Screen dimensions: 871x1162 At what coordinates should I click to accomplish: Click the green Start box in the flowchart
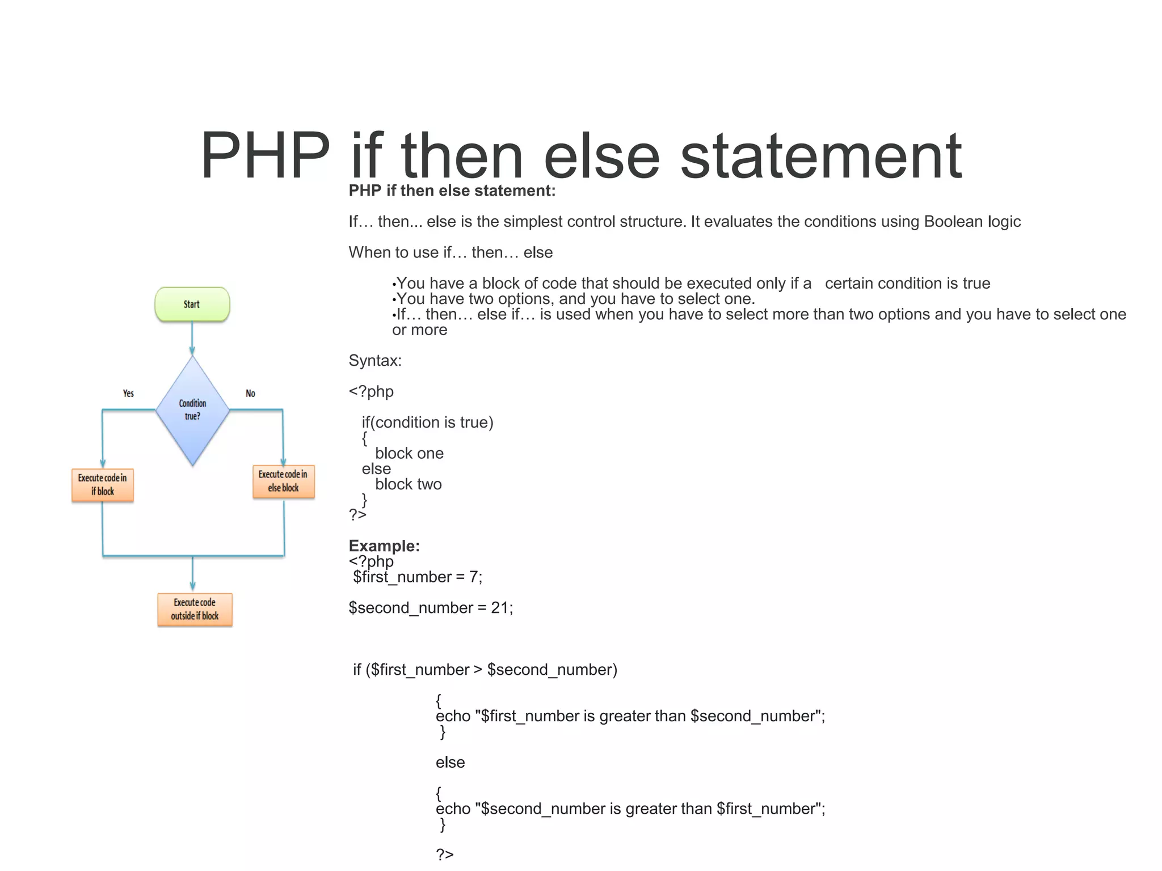pos(192,305)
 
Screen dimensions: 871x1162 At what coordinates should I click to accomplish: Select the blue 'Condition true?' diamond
pos(192,410)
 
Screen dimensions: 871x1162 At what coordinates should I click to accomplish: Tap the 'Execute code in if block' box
pos(103,485)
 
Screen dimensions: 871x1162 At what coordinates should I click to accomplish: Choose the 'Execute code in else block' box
pos(283,481)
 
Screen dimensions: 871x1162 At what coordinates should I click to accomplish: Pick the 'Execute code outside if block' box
pos(195,610)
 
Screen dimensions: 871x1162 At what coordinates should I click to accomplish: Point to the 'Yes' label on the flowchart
pos(128,394)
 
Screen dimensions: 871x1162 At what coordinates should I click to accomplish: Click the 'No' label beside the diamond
pos(250,394)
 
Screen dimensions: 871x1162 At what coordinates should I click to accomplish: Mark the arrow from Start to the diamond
pos(192,338)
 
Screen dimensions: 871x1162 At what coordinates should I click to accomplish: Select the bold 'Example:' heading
pos(384,546)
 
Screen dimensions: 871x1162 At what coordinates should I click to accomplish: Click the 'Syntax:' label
pos(375,361)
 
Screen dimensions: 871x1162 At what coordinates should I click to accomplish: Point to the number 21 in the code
pos(499,608)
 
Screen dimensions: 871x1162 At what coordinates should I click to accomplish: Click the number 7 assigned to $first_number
pos(473,577)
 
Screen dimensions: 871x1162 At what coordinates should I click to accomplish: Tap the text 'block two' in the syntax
pos(408,484)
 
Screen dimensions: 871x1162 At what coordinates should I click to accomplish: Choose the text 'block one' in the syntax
pos(409,454)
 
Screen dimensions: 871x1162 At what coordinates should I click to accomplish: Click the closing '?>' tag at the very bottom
pos(444,854)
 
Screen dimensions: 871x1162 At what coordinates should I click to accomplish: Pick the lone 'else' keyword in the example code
pos(450,763)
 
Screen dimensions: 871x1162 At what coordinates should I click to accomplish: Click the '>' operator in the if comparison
pos(478,670)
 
